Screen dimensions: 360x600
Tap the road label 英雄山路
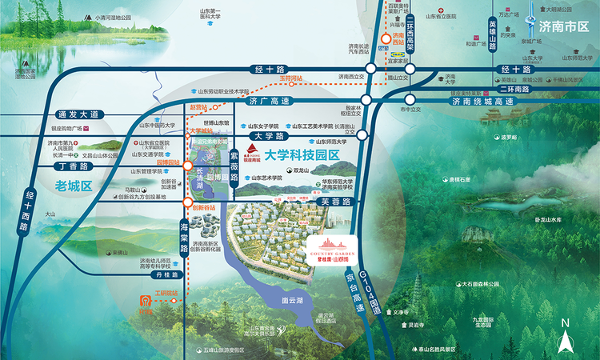pyautogui.click(x=492, y=33)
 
